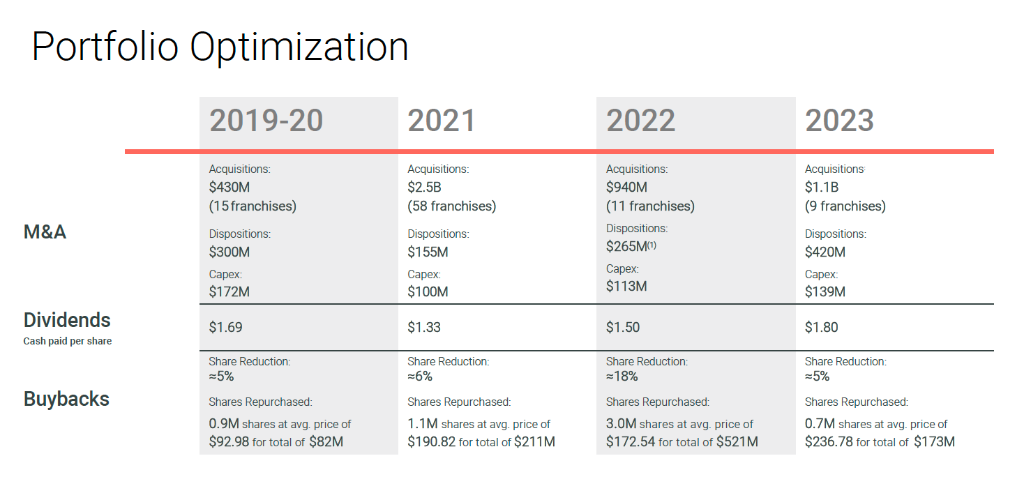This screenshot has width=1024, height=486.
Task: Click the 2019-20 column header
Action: pos(266,121)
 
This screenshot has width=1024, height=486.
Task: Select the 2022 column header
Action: pos(640,121)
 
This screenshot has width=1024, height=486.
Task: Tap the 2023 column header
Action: pos(839,121)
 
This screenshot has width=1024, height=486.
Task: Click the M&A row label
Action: pos(45,231)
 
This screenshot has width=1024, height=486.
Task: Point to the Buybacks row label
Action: pos(66,399)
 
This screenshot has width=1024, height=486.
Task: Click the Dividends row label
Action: pos(67,320)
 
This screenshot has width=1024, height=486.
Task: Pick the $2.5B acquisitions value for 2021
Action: pos(424,188)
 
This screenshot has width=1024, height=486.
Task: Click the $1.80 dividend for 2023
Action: pos(821,327)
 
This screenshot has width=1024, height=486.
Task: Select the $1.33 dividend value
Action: pos(424,327)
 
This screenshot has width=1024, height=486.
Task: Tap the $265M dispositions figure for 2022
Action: pos(626,246)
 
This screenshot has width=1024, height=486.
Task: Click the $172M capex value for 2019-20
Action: pos(229,291)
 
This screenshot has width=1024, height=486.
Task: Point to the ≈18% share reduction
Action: pos(622,377)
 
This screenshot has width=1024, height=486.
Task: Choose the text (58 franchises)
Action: pos(451,206)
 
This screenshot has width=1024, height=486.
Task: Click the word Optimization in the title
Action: pos(299,47)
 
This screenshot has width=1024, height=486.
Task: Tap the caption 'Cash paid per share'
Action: pos(68,342)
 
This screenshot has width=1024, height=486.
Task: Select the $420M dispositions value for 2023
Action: pos(825,252)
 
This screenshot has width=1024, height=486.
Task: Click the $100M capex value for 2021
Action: pos(428,291)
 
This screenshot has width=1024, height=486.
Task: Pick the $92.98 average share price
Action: pos(229,442)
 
